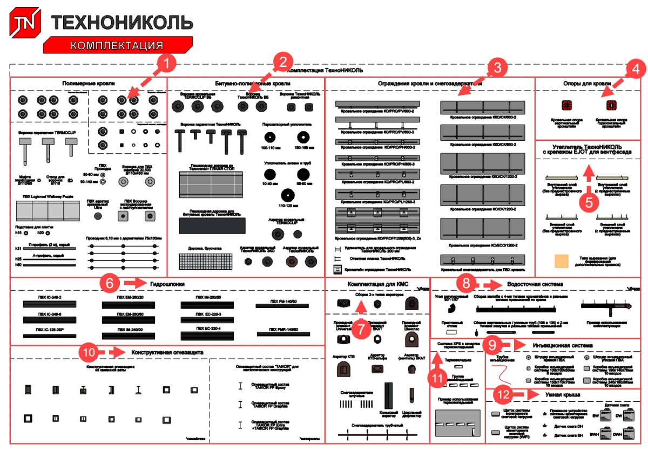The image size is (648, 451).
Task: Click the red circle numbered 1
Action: click(x=167, y=64)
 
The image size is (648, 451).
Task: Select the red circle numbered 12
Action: click(x=503, y=395)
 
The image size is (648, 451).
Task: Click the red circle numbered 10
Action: click(x=89, y=352)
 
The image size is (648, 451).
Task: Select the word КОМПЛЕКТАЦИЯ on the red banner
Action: click(x=117, y=45)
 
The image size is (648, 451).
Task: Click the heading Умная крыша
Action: click(x=564, y=395)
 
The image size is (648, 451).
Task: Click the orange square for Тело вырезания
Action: click(x=561, y=261)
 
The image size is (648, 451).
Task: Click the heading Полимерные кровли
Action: click(x=88, y=84)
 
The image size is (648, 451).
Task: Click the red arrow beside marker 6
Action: click(x=132, y=282)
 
